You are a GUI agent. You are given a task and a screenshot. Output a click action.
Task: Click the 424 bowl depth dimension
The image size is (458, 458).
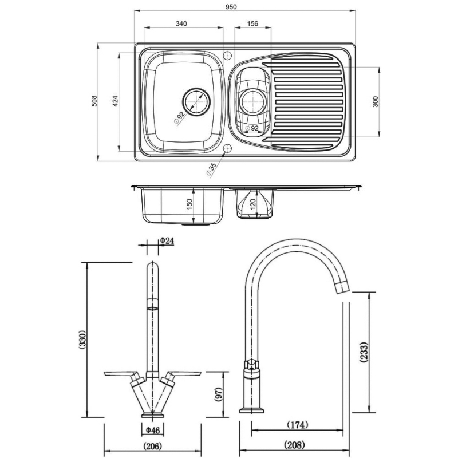tap(114, 101)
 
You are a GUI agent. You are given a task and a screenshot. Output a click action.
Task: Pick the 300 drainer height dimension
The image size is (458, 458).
tap(375, 101)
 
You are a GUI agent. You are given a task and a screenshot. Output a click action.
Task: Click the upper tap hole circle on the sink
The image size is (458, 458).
tap(227, 56)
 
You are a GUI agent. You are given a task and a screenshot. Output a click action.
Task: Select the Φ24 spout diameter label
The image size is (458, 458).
tap(167, 241)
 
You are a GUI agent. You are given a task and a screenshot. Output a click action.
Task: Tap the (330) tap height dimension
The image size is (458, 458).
tap(82, 341)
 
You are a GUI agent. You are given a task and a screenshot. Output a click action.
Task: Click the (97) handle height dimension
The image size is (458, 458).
tap(218, 395)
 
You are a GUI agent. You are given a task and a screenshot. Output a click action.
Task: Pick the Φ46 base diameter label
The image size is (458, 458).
tap(152, 429)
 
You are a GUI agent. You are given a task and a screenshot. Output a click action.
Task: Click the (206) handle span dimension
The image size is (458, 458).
tap(152, 446)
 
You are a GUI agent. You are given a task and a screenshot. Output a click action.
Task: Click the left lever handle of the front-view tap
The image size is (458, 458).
tap(121, 375)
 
